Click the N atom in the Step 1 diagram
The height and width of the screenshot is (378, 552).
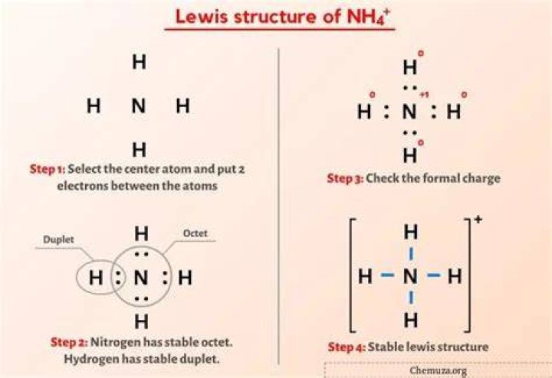click(x=139, y=106)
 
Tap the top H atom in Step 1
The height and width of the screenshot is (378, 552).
click(x=139, y=62)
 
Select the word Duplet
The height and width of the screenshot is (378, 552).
click(x=58, y=240)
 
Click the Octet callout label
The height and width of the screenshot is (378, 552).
click(x=195, y=233)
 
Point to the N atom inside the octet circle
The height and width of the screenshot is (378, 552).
click(x=141, y=278)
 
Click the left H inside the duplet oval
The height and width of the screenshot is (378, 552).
click(x=96, y=278)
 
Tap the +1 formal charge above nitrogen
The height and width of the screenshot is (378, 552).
click(x=424, y=95)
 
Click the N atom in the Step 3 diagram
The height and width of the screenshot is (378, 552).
click(x=409, y=112)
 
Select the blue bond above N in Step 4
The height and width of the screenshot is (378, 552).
click(x=411, y=254)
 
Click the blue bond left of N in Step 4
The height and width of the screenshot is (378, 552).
click(x=388, y=275)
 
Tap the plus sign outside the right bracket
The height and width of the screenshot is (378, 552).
click(x=478, y=220)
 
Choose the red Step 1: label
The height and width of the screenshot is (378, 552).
click(x=48, y=169)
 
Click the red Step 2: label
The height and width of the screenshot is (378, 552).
click(x=69, y=342)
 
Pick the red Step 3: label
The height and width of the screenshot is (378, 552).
click(x=345, y=178)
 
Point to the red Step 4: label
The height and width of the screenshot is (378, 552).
click(x=347, y=347)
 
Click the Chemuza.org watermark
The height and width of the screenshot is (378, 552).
click(x=439, y=370)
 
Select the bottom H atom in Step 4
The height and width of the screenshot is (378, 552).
click(x=411, y=320)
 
